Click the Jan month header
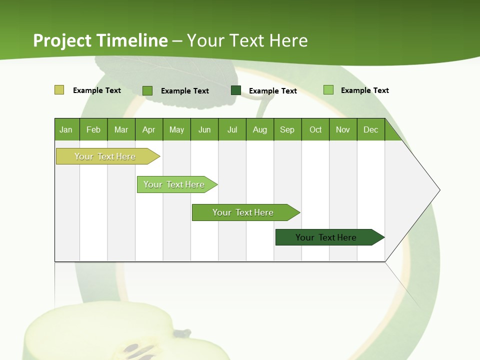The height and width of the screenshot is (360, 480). point(66,129)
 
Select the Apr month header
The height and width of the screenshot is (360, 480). point(149,129)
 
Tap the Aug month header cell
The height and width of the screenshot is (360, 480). point(260,129)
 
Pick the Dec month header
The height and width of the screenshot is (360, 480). point(371,129)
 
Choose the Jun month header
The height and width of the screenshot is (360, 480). point(204,129)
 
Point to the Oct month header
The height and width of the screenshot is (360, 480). point(315,129)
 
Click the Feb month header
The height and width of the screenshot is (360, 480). point(93,129)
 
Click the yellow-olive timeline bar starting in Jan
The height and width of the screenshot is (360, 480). point(105,156)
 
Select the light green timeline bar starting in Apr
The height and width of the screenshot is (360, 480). point(174,184)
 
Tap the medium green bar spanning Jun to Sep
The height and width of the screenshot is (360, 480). point(243,212)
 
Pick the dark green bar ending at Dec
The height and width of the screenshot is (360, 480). point(326,237)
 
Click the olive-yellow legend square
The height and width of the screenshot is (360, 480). point(59,90)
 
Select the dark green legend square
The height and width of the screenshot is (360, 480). point(236,90)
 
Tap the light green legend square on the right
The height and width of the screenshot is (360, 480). point(328,90)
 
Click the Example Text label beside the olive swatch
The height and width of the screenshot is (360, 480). point(97,90)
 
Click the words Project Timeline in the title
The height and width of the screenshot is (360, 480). point(100,40)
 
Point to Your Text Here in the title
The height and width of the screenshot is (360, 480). point(247,40)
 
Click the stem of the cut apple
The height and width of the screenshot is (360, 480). point(182,333)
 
